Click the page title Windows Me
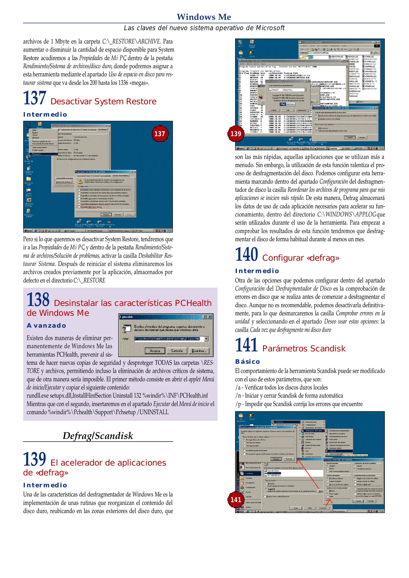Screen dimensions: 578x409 (204, 17)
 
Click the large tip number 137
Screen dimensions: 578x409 (35, 98)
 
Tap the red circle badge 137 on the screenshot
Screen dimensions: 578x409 (160, 134)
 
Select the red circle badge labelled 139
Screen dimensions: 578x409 (236, 134)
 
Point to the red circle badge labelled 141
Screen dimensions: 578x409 (236, 499)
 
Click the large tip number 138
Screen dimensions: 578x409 (38, 300)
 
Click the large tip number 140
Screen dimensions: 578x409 (246, 254)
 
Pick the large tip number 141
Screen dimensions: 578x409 (246, 345)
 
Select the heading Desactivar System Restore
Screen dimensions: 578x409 (103, 102)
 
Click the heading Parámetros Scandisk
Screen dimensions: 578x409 (304, 349)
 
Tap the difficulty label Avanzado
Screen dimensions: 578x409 (46, 326)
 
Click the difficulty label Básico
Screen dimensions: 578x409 (247, 362)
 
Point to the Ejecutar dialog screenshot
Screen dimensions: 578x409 (166, 335)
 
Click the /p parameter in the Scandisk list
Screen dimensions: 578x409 (238, 404)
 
